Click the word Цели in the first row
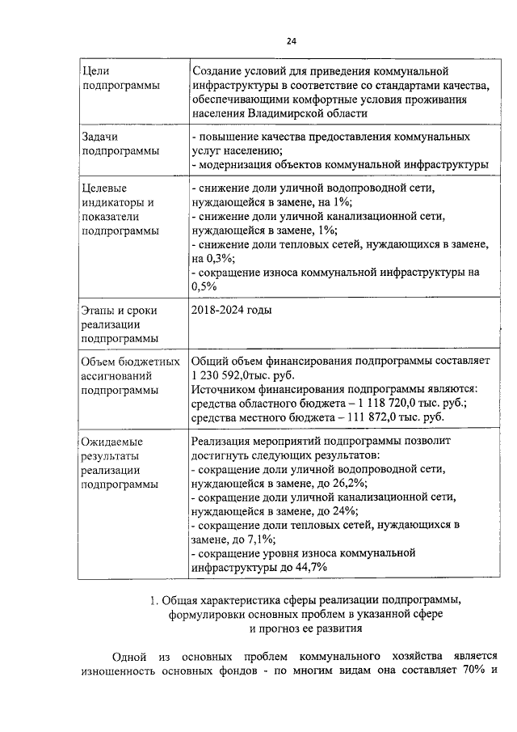96,72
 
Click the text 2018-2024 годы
231,310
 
